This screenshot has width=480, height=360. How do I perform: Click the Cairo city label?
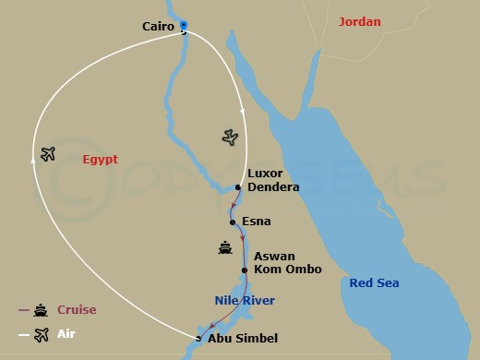(x=160, y=28)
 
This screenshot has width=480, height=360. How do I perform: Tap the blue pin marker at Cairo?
(x=183, y=26)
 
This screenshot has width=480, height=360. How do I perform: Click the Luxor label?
(x=266, y=174)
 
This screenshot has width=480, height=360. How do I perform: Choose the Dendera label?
(x=274, y=187)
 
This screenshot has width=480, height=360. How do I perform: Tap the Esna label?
(x=257, y=222)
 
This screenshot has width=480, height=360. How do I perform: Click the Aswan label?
(x=276, y=256)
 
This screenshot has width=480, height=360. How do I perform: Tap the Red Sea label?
(x=374, y=282)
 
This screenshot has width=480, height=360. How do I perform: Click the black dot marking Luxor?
(x=237, y=187)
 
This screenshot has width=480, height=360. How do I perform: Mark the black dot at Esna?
(x=233, y=222)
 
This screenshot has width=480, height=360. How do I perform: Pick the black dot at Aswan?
(x=244, y=270)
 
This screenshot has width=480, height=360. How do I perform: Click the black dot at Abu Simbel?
(x=198, y=339)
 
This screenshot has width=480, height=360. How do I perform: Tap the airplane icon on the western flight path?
(x=48, y=153)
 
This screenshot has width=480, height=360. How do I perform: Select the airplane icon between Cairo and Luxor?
(x=231, y=138)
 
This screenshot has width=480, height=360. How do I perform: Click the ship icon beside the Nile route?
(x=224, y=247)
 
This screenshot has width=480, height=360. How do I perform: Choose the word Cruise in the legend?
(x=77, y=310)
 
